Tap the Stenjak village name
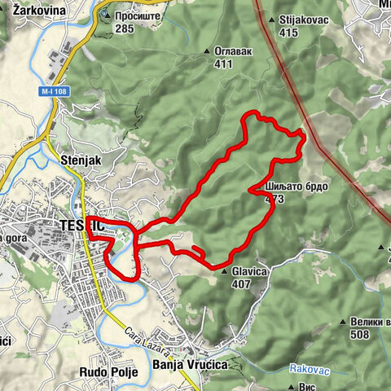[x=81, y=160]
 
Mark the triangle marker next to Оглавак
[x=207, y=51]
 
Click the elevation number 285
[x=124, y=29]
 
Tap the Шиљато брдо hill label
[x=297, y=187]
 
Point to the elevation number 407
[x=241, y=285]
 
